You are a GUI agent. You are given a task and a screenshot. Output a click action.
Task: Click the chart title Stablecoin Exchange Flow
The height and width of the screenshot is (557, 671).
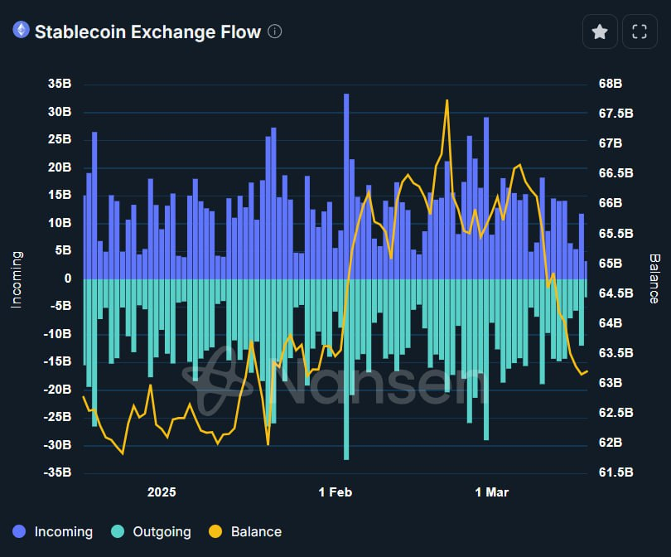coord(147,31)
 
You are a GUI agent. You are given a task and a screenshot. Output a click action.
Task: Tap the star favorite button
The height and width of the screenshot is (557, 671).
coord(600,31)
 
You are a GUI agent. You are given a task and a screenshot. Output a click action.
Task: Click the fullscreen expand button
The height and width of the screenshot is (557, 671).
coord(639,31)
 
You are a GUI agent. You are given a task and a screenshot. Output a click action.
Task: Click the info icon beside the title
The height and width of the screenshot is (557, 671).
coord(275,31)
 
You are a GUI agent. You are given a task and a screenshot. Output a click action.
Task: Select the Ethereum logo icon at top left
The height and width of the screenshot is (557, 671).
coord(21,31)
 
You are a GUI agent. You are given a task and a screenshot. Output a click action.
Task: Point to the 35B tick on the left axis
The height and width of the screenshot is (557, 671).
coord(60,84)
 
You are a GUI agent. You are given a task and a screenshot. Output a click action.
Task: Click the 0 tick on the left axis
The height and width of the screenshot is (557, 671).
coord(67,278)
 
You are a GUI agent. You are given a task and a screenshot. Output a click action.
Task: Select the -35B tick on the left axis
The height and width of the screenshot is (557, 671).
coord(58,472)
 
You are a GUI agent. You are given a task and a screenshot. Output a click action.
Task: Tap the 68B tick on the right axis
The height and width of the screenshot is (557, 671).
coord(610,84)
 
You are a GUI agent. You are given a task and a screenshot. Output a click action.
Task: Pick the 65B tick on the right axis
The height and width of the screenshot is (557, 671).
coord(610,263)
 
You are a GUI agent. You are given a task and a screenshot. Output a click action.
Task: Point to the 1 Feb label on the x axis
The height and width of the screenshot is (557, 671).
coord(335,492)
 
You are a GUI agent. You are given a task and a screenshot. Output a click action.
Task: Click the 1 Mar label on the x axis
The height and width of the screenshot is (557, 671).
coord(491,492)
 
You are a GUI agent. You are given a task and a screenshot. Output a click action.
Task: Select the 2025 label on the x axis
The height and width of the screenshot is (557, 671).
coord(162,492)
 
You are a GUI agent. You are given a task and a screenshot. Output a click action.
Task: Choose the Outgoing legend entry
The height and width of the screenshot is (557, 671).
coord(152,532)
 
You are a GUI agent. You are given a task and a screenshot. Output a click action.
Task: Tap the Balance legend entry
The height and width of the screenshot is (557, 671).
coord(246,532)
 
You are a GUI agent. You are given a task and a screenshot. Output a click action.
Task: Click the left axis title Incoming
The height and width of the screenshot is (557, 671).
coord(16,278)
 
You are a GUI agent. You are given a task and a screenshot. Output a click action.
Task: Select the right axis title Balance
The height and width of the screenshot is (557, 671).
coord(654,278)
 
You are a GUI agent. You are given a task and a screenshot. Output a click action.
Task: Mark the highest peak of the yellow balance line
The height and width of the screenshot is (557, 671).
coord(447,100)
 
